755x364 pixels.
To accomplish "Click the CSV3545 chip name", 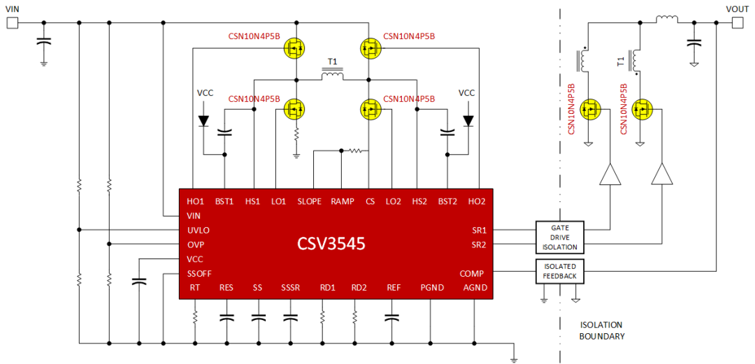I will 331,244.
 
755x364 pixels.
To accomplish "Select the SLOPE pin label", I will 309,201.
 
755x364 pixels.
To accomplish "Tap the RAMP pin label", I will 342,201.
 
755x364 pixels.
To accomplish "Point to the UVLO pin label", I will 199,230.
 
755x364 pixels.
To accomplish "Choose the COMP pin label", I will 472,273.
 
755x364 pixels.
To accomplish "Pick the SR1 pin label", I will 478,230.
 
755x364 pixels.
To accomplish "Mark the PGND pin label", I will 431,288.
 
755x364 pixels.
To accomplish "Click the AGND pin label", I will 475,288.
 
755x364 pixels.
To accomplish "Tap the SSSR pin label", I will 291,288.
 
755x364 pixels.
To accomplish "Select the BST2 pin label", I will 447,201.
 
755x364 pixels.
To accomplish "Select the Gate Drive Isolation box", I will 559,237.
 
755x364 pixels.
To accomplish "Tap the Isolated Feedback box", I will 559,271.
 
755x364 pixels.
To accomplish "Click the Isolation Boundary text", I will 601,330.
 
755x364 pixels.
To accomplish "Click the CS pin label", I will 370,201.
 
